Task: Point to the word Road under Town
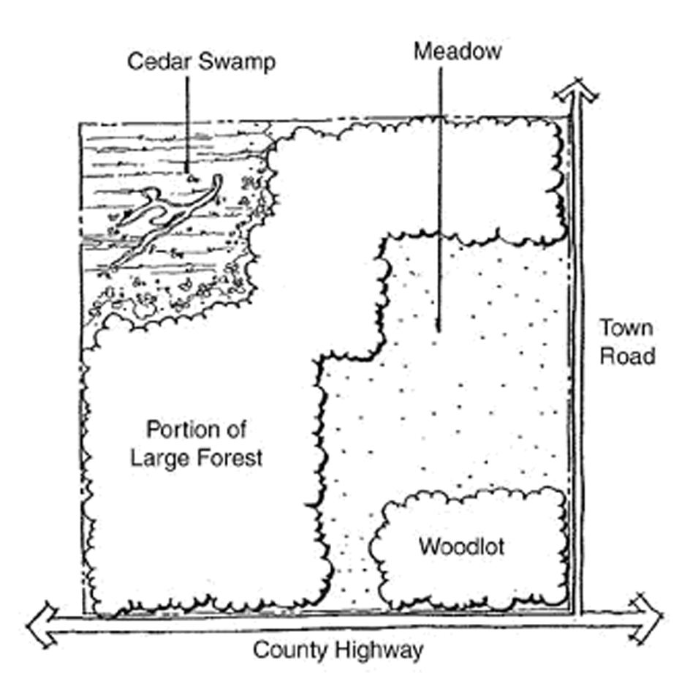[x=626, y=356]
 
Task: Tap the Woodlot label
[x=461, y=546]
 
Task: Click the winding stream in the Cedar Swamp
[x=168, y=216]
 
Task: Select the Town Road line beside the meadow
[x=577, y=366]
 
